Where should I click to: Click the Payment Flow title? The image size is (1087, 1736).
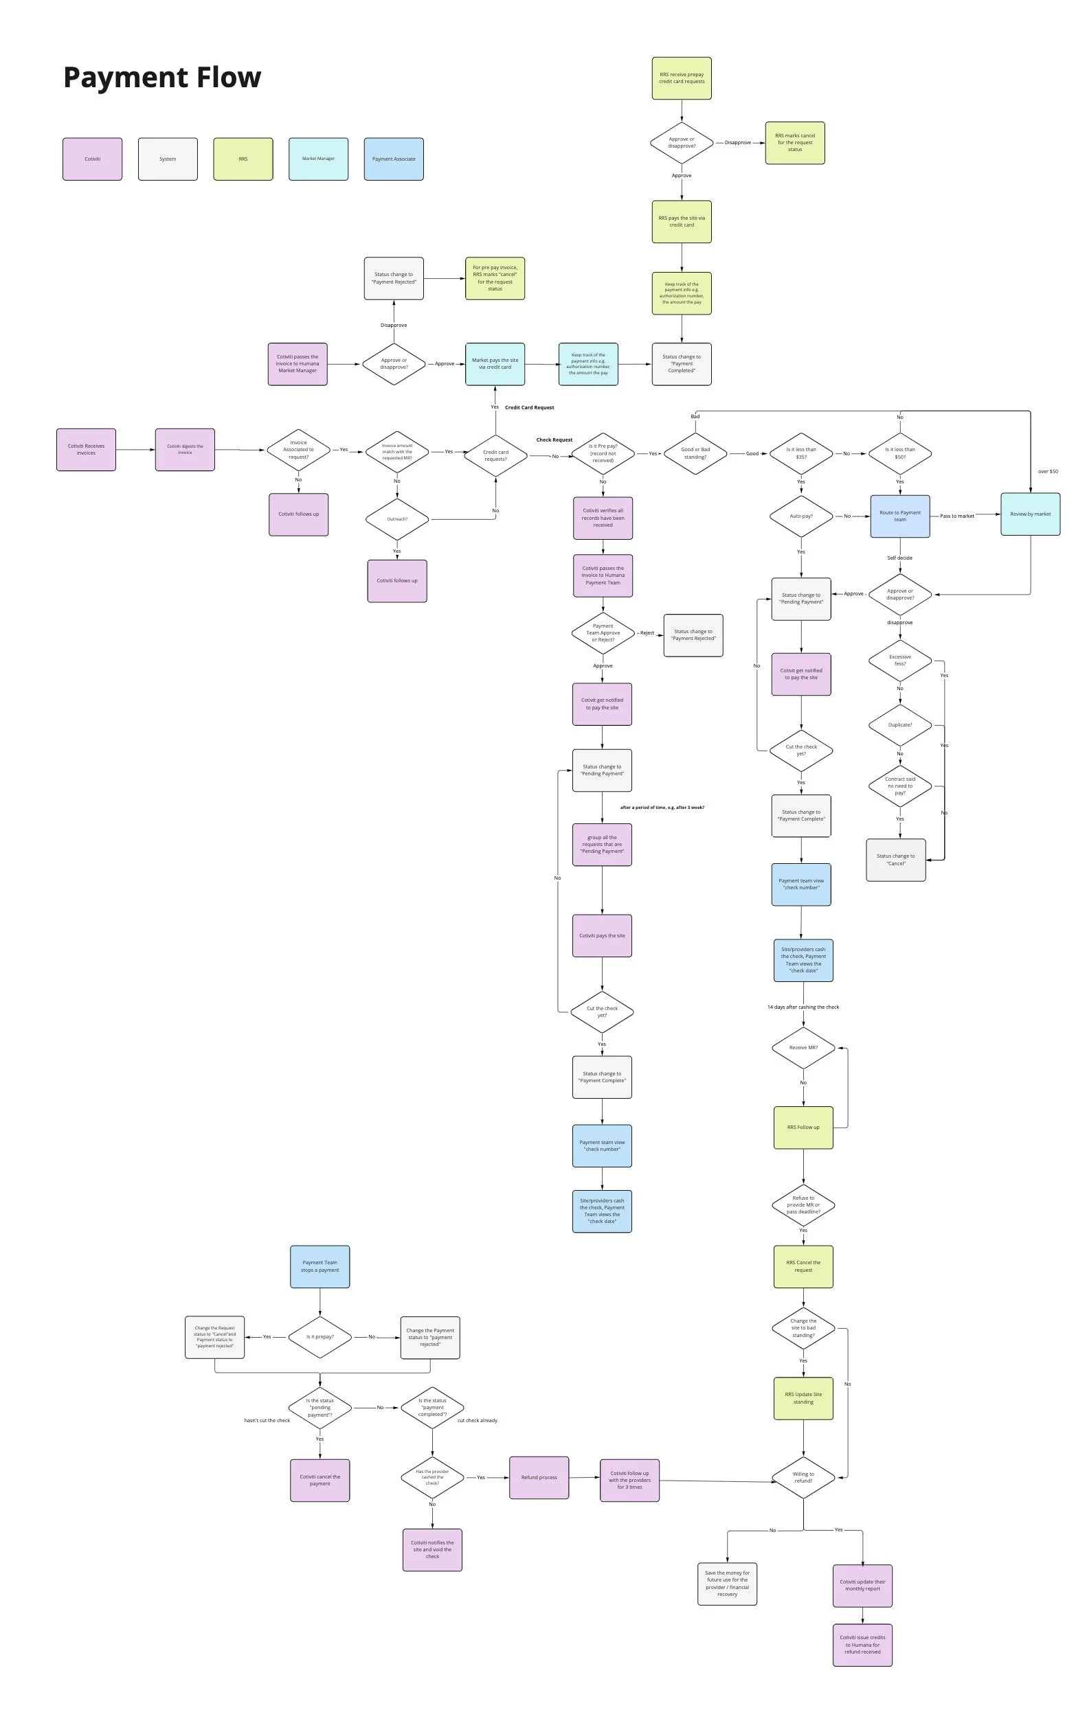tap(161, 78)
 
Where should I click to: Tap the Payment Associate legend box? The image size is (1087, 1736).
tap(393, 159)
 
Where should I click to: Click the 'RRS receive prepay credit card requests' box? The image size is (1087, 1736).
tap(681, 78)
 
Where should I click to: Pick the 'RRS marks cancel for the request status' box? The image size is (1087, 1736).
tap(794, 142)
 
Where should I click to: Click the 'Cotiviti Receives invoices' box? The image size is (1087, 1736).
tap(87, 450)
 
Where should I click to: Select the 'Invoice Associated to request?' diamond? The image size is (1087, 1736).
tap(298, 450)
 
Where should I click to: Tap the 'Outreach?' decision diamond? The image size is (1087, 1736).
tap(397, 518)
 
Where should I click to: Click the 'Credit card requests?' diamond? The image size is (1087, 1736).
tap(495, 455)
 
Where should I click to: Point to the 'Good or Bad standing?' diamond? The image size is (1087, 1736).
tap(695, 453)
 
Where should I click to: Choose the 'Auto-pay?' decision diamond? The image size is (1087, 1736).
tap(801, 516)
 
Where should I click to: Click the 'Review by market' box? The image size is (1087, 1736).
tap(1029, 514)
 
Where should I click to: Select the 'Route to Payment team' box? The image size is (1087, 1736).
tap(899, 516)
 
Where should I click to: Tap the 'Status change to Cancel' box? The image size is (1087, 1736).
tap(895, 859)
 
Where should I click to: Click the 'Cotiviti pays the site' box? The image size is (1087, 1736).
tap(602, 935)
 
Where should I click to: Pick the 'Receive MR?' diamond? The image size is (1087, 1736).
tap(803, 1048)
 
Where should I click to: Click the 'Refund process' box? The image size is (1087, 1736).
tap(539, 1477)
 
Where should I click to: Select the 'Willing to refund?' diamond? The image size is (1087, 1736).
tap(803, 1477)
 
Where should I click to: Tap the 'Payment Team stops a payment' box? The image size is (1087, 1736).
tap(320, 1266)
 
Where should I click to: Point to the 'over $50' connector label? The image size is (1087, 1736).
tap(1047, 471)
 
